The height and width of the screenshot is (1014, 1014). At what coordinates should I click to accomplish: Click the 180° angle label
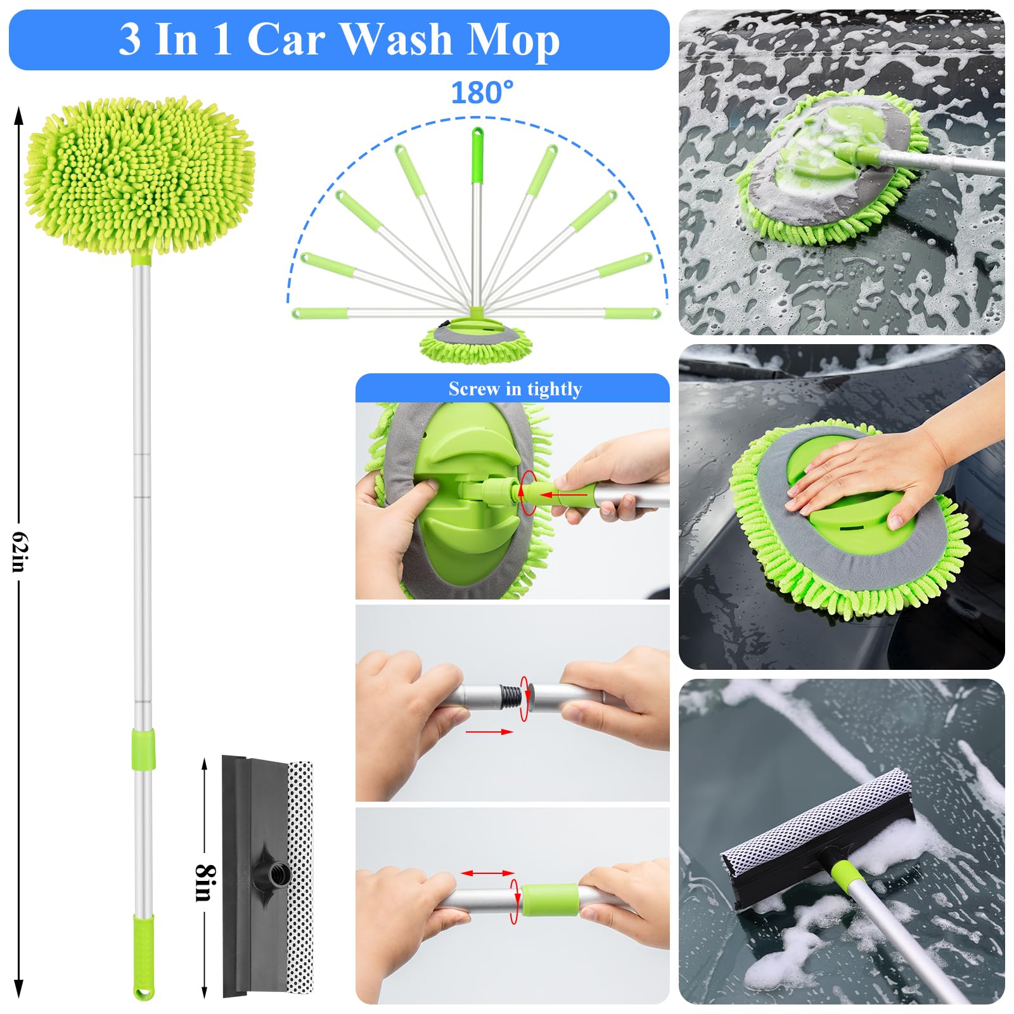click(482, 93)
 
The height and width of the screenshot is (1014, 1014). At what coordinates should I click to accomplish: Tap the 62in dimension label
click(19, 551)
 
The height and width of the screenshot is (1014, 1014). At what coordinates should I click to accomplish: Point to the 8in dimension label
click(205, 882)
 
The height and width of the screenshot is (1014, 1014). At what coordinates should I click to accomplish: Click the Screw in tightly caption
click(515, 388)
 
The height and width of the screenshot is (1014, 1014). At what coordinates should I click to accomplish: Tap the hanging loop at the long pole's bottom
click(143, 992)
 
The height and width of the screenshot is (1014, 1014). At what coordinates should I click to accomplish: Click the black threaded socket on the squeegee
click(278, 874)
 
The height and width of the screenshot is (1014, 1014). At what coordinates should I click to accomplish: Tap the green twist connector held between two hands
click(549, 899)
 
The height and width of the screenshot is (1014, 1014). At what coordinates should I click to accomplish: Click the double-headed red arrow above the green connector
click(487, 873)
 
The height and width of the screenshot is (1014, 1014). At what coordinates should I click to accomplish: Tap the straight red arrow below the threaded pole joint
click(489, 732)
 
